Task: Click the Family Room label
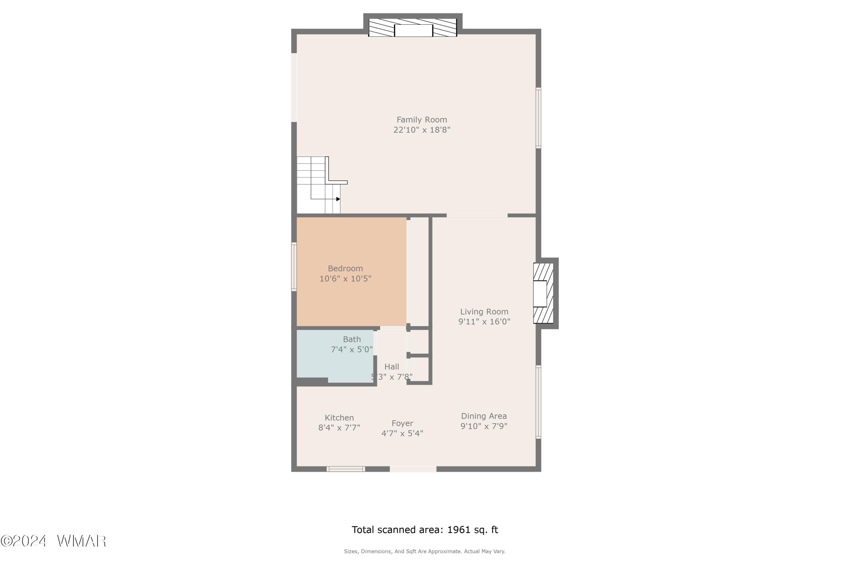(x=422, y=120)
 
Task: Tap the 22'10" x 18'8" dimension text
(x=422, y=130)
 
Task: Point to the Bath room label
(x=352, y=339)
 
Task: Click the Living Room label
(x=484, y=312)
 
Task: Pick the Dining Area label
(x=484, y=416)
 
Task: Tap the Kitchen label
(x=339, y=418)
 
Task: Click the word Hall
(x=392, y=367)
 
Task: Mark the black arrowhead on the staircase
(x=338, y=199)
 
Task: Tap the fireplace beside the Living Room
(x=543, y=293)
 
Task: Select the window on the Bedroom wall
(x=294, y=266)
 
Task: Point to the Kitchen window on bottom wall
(x=346, y=469)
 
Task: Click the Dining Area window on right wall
(x=539, y=402)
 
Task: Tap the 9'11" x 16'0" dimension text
(x=484, y=321)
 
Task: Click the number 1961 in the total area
(x=458, y=530)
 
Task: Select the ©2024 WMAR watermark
(x=54, y=541)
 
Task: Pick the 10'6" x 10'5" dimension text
(x=345, y=278)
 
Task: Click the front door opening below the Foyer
(x=413, y=469)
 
